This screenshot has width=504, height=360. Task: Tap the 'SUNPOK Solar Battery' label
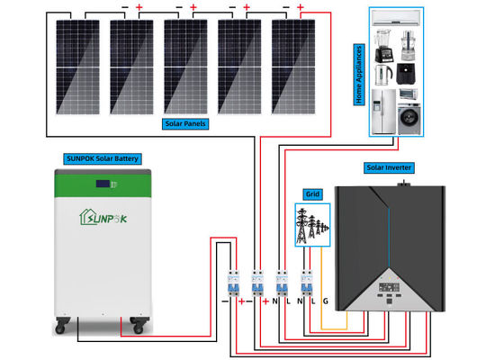pos(102,158)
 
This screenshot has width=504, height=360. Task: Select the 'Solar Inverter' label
pos(390,167)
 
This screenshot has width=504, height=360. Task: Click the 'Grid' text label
pos(312,193)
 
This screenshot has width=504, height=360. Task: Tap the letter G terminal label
pos(325,300)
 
